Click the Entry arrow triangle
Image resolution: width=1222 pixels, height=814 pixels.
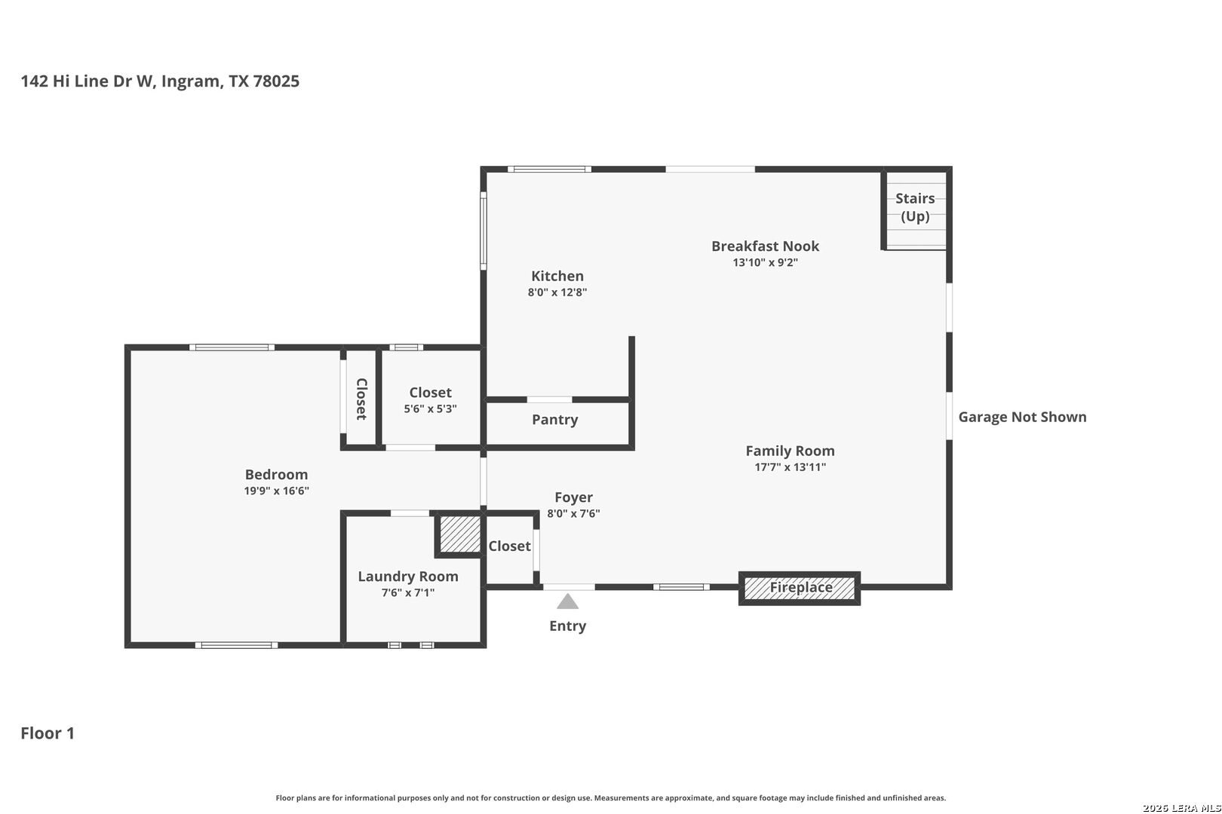pyautogui.click(x=567, y=601)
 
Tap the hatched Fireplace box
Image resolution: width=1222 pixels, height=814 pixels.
pyautogui.click(x=800, y=589)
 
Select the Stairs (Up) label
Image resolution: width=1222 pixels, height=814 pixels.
pyautogui.click(x=915, y=207)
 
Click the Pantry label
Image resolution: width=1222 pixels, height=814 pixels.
pyautogui.click(x=555, y=419)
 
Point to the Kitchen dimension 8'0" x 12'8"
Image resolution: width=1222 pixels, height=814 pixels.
pyautogui.click(x=557, y=292)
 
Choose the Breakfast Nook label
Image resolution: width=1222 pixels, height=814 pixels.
pyautogui.click(x=765, y=246)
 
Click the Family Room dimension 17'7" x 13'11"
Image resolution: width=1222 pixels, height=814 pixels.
pyautogui.click(x=790, y=467)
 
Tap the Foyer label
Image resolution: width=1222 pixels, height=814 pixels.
pyautogui.click(x=573, y=497)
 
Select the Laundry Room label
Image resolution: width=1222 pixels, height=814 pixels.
pyautogui.click(x=407, y=577)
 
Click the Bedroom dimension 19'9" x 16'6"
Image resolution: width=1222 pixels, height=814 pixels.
pyautogui.click(x=276, y=491)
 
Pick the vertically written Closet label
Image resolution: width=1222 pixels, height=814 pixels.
pyautogui.click(x=361, y=399)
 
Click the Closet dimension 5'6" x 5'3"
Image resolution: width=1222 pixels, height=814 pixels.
pyautogui.click(x=430, y=409)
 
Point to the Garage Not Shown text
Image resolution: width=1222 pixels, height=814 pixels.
pyautogui.click(x=1022, y=417)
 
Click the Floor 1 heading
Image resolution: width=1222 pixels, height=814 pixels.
pyautogui.click(x=48, y=733)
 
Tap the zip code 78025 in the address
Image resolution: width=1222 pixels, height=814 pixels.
pyautogui.click(x=276, y=81)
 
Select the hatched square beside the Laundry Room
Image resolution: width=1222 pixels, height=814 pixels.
pyautogui.click(x=460, y=534)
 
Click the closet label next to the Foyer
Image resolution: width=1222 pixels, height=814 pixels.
pyautogui.click(x=509, y=546)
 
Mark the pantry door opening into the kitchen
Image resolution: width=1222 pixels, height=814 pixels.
pyautogui.click(x=549, y=399)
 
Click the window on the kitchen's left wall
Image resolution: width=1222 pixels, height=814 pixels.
pyautogui.click(x=484, y=231)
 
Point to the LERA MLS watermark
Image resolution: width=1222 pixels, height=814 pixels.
pyautogui.click(x=1181, y=808)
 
